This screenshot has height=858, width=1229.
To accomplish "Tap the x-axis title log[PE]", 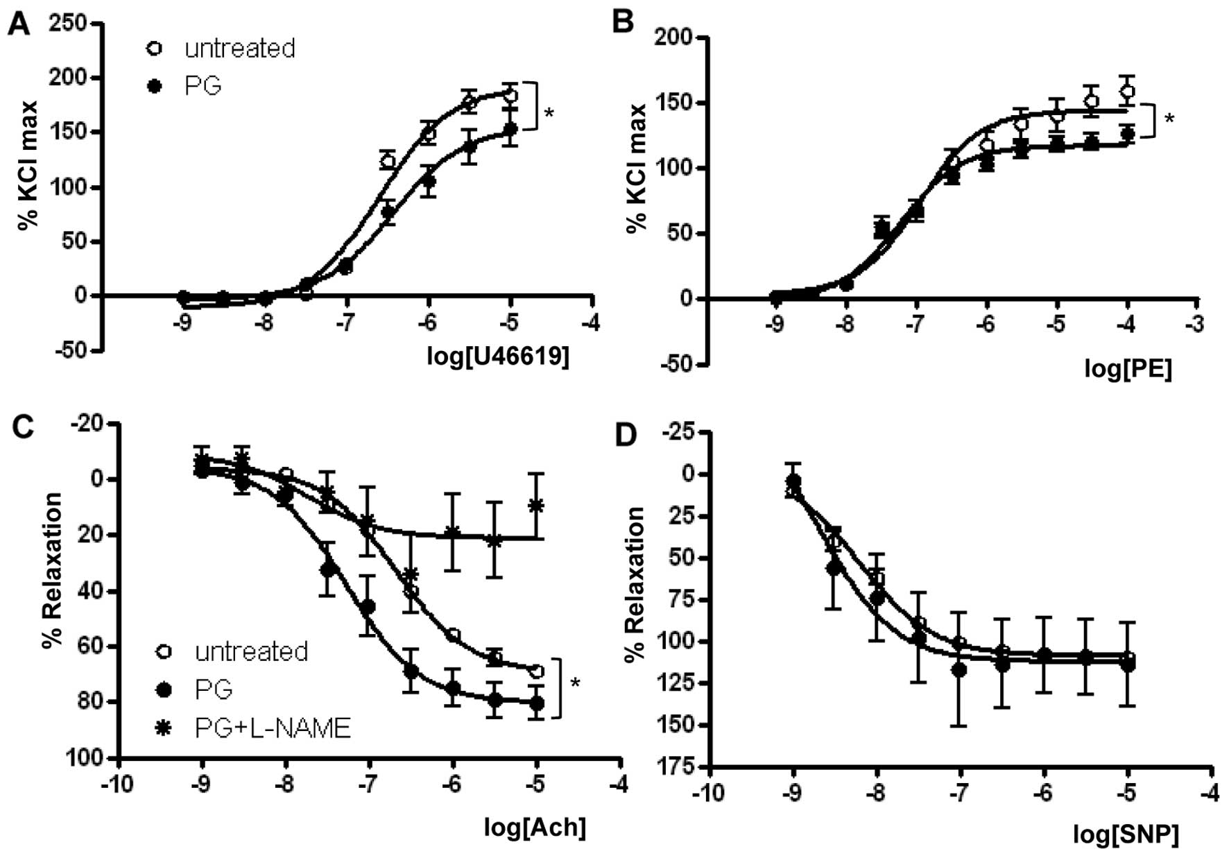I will (1128, 369).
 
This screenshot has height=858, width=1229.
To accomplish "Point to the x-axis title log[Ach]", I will (535, 827).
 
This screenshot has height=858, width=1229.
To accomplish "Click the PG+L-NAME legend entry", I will (273, 728).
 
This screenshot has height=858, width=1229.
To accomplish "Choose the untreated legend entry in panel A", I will (239, 49).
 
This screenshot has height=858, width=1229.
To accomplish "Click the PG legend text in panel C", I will (214, 689).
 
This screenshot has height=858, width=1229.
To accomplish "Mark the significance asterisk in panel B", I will (1169, 119).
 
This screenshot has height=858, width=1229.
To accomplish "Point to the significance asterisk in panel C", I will (575, 683).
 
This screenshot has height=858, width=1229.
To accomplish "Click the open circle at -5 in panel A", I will (510, 95).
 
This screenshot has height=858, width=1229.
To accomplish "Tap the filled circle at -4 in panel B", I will (1127, 134).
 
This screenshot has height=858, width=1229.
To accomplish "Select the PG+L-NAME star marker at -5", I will (535, 505).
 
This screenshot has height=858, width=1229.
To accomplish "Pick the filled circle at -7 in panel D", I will (959, 670).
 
